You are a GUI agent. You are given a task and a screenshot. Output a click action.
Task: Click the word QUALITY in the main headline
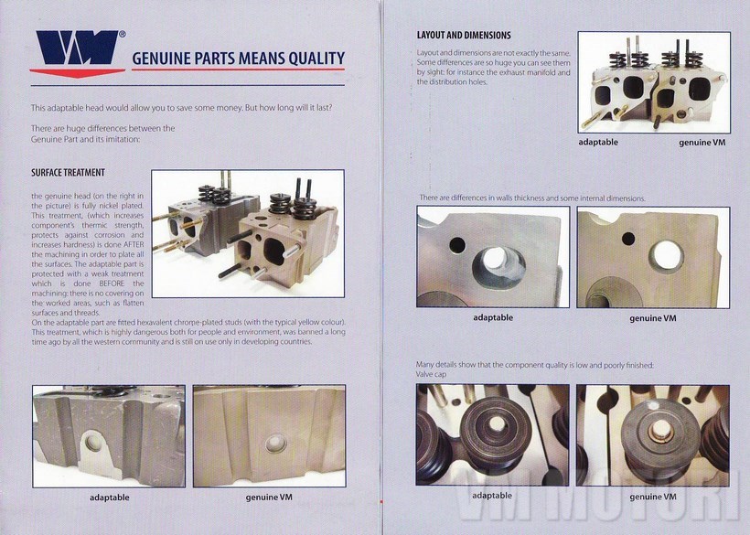[316, 58]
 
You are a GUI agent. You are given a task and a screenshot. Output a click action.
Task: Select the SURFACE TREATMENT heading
[68, 173]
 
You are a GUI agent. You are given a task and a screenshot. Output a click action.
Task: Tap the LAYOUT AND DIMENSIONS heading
[464, 35]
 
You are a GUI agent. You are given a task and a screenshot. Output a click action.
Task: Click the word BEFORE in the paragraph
[111, 284]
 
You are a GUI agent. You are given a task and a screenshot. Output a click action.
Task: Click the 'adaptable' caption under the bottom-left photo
[110, 498]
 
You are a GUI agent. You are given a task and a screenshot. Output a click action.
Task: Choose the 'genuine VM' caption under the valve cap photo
[653, 497]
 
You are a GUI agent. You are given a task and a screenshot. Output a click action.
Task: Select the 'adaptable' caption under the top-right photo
[598, 142]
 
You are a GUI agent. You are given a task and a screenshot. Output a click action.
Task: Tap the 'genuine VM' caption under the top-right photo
[702, 143]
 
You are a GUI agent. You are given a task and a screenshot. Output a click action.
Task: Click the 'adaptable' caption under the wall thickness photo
[493, 317]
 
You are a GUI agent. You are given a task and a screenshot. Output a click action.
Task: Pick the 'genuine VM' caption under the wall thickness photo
[653, 318]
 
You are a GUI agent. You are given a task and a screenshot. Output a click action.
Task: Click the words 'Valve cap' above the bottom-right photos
[431, 374]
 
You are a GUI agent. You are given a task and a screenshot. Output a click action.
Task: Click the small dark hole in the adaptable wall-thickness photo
[457, 245]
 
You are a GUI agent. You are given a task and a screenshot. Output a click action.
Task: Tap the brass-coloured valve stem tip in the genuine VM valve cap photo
[661, 433]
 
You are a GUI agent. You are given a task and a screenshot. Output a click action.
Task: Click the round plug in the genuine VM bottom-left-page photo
[276, 444]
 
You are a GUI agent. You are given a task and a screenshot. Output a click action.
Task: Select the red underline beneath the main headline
[238, 70]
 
